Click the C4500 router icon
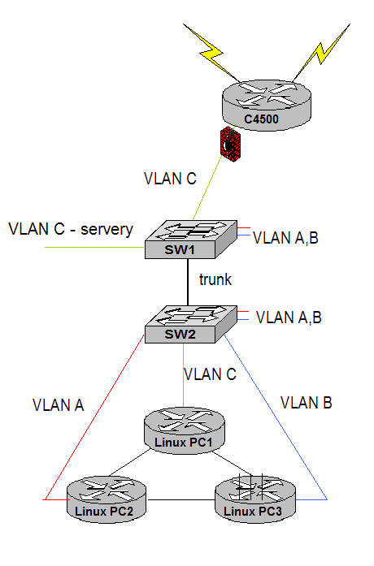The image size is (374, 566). coord(267,104)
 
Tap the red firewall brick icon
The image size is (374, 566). coord(230,144)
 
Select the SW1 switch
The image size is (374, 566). coord(191,240)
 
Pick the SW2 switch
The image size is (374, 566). coord(191,324)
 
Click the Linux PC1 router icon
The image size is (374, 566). coord(185,430)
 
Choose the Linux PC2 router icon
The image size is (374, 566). coord(107,499)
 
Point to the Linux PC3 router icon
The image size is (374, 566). coord(255,499)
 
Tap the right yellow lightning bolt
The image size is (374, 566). coord(321,53)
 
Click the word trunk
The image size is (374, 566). coord(215,279)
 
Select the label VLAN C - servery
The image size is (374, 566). coord(71,229)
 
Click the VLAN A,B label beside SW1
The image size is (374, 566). coord(285,238)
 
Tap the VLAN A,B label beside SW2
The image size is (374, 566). coord(289,318)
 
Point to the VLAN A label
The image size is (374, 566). coord(59,405)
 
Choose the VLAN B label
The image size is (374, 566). coord(307,403)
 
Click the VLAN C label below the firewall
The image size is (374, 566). coord(170,179)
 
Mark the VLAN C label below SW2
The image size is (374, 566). coord(210,374)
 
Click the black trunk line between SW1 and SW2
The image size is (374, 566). coord(188,283)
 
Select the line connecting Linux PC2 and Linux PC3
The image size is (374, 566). coord(180,500)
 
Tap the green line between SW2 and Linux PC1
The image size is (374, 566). coord(183,375)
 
